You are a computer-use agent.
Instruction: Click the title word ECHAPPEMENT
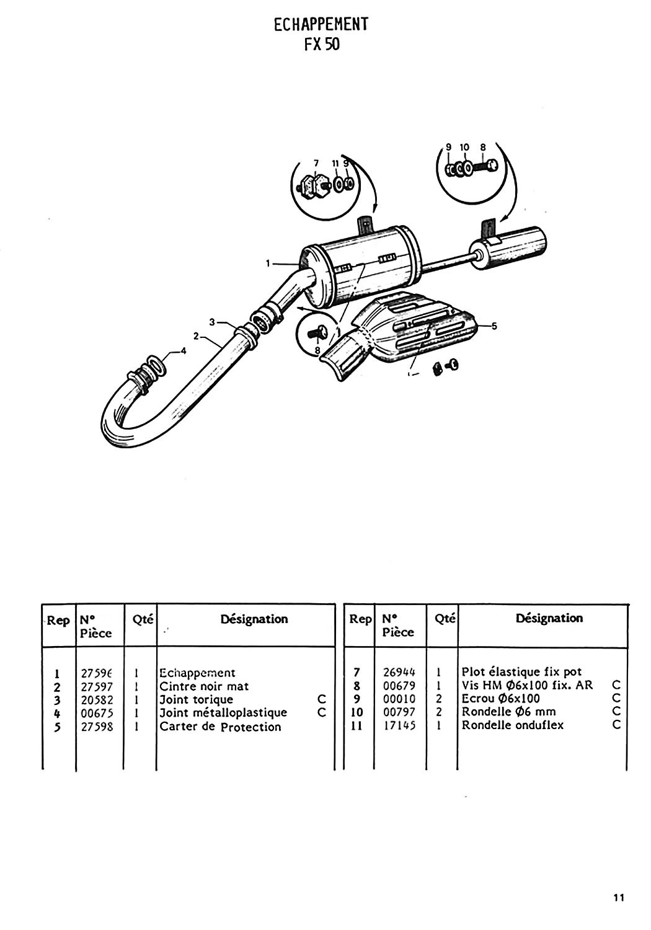tap(321, 24)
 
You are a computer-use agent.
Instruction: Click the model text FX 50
tap(322, 45)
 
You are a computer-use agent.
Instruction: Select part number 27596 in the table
tap(98, 673)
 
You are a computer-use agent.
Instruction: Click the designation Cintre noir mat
tap(204, 686)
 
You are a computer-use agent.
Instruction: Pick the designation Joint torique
tap(197, 699)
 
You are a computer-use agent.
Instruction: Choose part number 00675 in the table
tap(97, 713)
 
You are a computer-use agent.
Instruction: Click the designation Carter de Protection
tap(220, 727)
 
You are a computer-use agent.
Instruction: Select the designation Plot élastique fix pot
tap(522, 671)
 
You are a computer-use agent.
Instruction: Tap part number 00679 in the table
tap(399, 686)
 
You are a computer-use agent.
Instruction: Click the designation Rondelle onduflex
tap(513, 725)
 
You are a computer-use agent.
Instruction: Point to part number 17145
tap(399, 725)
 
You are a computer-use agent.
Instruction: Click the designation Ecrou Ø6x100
tap(501, 699)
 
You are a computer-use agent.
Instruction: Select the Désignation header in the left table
tap(254, 619)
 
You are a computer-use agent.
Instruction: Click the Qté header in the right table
tap(445, 618)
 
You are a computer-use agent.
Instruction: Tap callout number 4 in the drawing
tap(183, 351)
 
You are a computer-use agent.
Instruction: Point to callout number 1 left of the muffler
tap(268, 263)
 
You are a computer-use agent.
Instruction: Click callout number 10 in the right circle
tap(465, 147)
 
